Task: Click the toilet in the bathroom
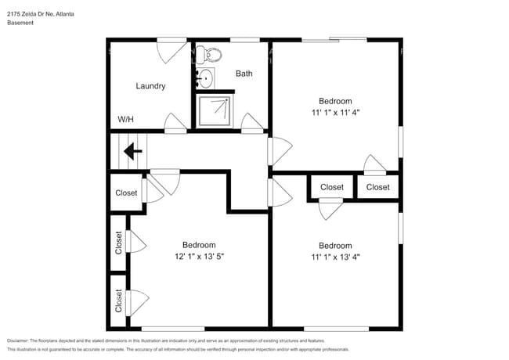coord(209,55)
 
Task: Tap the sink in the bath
coord(205,78)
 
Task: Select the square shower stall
coord(215,110)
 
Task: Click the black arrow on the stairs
coord(132,150)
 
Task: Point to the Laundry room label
coord(150,86)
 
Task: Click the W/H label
coord(125,120)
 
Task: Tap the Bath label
coord(244,74)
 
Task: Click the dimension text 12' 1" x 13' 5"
coord(199,256)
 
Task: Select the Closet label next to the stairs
coord(126,193)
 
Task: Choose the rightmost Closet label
coord(377,187)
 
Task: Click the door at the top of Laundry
coord(171,50)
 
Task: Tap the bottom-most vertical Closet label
coord(119,301)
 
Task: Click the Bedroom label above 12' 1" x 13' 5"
coord(199,245)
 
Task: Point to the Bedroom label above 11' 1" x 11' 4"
coord(334,101)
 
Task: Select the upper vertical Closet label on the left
coord(119,243)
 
